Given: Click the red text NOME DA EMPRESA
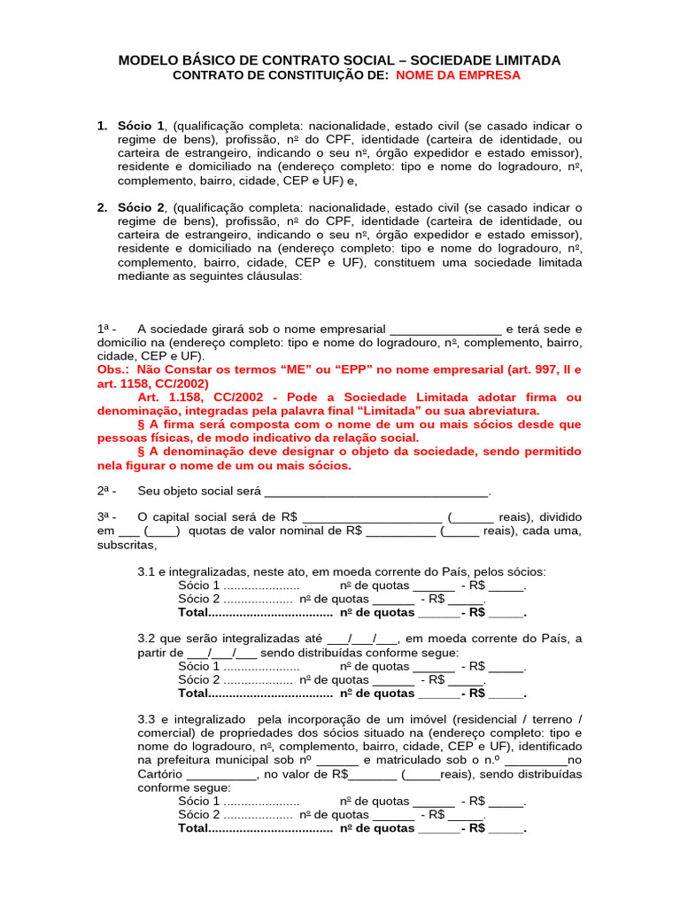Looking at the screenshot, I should (x=458, y=76).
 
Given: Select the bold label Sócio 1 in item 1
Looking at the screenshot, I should (x=141, y=126).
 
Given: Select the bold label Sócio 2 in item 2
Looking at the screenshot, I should (x=141, y=207).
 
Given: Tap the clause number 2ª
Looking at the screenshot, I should (x=106, y=491).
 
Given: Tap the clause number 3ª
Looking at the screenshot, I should (x=106, y=517).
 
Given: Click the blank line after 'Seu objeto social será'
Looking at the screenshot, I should (x=377, y=492).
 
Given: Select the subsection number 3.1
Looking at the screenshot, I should (x=146, y=571).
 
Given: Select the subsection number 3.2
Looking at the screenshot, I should (x=146, y=639).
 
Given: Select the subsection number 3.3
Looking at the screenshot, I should (x=146, y=720).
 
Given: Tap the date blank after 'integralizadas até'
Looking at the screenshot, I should (x=363, y=640).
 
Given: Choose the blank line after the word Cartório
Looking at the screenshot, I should (x=221, y=774).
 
